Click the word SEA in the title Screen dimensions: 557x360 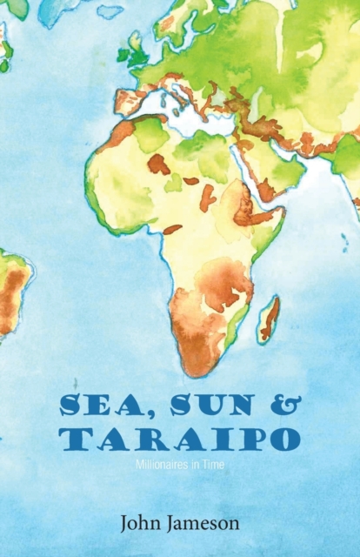click(x=93, y=406)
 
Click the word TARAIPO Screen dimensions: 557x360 click(x=180, y=439)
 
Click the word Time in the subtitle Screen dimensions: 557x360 click(x=215, y=466)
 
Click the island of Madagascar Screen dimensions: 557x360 click(x=270, y=319)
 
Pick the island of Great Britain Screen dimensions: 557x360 click(x=137, y=50)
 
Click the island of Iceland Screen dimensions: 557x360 click(x=109, y=11)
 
